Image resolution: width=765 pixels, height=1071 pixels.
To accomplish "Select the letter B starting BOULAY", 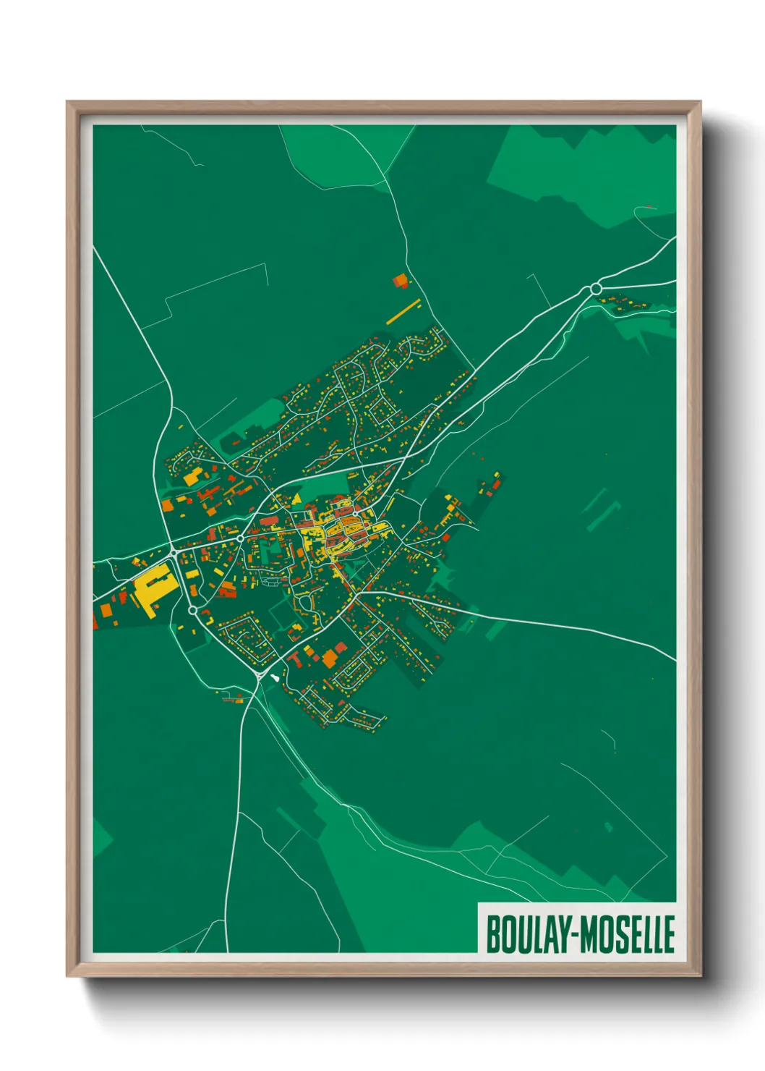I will click(494, 934).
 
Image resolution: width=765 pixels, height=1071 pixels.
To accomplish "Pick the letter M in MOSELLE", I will click(590, 934).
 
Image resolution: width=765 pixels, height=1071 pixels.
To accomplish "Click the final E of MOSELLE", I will click(669, 934).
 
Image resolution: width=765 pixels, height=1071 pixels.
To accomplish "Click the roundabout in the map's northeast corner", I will click(596, 289).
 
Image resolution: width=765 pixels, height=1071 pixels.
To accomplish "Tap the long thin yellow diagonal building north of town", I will click(403, 312).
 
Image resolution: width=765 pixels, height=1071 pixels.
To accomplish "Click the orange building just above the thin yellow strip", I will click(400, 281).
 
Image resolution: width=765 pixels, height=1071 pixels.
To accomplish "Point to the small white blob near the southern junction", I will click(275, 677).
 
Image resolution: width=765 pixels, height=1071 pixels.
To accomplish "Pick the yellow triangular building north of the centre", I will click(296, 498).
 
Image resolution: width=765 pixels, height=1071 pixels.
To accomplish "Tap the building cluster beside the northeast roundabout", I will click(625, 303).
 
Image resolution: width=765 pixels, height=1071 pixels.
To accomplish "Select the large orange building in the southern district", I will click(330, 658).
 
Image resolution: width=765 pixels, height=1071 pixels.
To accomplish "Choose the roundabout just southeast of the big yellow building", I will click(193, 610).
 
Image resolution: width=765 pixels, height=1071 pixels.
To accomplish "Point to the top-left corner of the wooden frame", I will click(69, 103).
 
